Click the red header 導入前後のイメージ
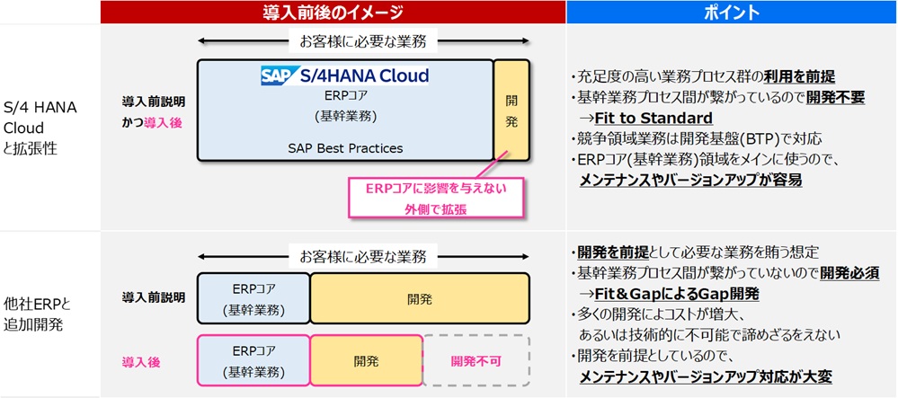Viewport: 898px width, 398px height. tap(333, 12)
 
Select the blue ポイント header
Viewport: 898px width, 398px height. tap(732, 12)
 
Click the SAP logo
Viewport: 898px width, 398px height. tap(274, 75)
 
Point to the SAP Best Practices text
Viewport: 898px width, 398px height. tap(345, 147)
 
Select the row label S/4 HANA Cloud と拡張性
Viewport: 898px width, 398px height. tap(41, 128)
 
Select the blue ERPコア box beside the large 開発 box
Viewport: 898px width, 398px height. tap(253, 296)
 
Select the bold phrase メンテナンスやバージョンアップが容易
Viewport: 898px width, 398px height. tap(691, 180)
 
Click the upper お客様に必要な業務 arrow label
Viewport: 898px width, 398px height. tap(363, 40)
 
